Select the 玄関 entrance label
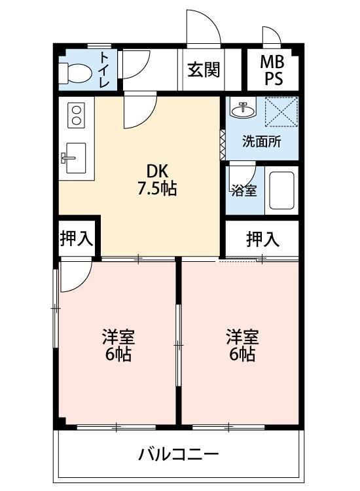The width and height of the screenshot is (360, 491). pyautogui.click(x=203, y=69)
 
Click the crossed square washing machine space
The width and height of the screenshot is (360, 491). pyautogui.click(x=281, y=112)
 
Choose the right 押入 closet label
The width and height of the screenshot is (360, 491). pyautogui.click(x=262, y=239)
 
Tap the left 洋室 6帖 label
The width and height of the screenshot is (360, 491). pyautogui.click(x=118, y=346)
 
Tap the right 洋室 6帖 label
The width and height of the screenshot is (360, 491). pyautogui.click(x=242, y=346)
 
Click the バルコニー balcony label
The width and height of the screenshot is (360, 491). pyautogui.click(x=178, y=453)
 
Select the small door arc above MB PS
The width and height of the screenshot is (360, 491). pyautogui.click(x=271, y=35)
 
